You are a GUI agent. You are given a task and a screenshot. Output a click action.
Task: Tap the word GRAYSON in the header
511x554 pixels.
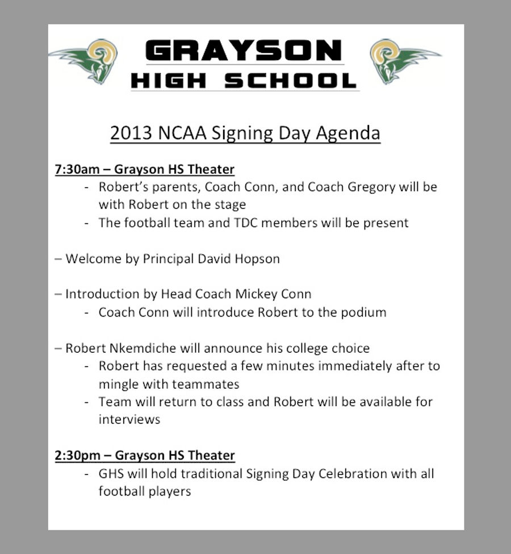[244, 50]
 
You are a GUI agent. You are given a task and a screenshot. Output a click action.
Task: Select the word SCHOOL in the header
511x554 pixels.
[291, 81]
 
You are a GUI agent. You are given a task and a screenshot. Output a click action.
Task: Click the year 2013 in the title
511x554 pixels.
[131, 133]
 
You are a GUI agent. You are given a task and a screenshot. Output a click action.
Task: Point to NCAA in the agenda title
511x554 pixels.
[182, 133]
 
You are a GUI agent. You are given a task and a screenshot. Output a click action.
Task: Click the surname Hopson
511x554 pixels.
[257, 259]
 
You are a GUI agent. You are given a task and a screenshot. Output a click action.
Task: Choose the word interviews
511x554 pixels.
[129, 420]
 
